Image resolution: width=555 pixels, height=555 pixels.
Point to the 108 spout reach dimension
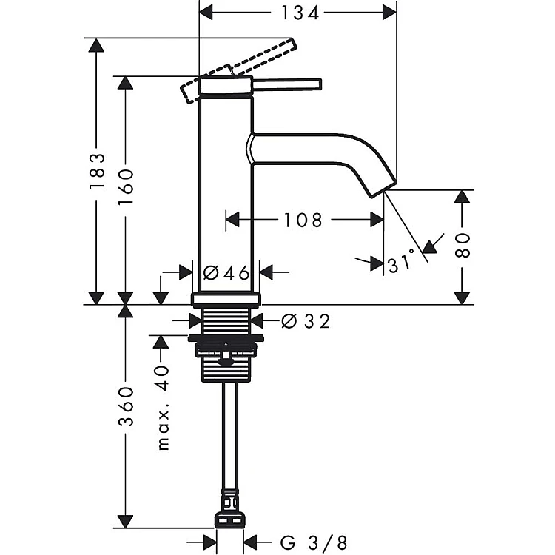click(303, 220)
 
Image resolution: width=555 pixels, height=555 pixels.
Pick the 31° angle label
click(402, 263)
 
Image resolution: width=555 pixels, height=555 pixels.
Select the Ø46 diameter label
click(225, 272)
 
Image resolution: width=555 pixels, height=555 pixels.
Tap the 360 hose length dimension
click(126, 406)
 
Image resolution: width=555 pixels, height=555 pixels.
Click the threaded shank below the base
click(226, 321)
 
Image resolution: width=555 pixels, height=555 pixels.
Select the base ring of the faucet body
click(226, 299)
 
